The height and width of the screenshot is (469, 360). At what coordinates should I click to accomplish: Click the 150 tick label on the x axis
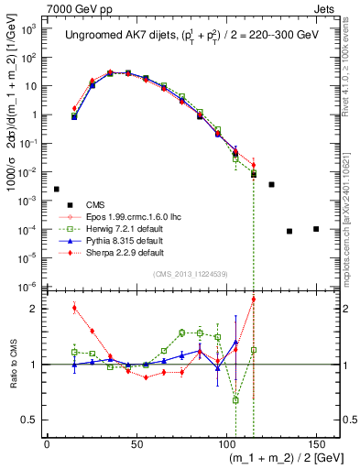pos(315,443)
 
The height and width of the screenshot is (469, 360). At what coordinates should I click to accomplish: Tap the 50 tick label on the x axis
pos(136,443)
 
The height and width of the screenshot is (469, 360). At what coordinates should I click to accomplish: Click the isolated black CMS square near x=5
pos(56,189)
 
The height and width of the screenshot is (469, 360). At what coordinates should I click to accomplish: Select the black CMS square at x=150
pos(316,229)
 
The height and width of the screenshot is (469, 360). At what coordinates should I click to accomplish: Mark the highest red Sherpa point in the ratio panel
pos(254,300)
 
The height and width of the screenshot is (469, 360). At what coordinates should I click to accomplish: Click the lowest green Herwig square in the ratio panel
pos(235,399)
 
